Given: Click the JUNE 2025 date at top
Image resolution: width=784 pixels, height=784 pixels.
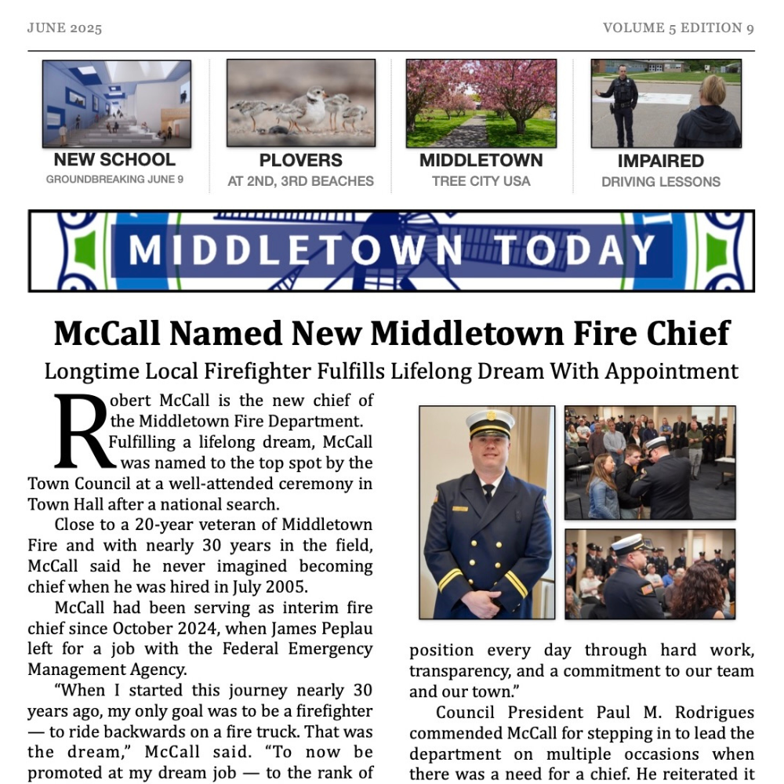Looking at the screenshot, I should coord(64,28).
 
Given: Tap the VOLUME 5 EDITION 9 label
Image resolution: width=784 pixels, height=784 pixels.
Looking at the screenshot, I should coord(678,28).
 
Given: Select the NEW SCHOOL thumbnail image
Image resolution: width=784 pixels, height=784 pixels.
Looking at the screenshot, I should coord(116,103).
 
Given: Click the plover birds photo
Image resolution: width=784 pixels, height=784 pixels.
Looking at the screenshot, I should coord(300,103).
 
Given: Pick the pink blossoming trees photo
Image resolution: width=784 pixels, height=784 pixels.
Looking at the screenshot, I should coord(481,103).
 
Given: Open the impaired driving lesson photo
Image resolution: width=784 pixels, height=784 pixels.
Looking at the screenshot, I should coord(666,103).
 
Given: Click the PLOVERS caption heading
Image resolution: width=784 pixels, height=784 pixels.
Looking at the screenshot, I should coord(300,161).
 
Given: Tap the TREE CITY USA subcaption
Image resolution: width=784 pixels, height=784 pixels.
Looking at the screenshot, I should coord(481,181).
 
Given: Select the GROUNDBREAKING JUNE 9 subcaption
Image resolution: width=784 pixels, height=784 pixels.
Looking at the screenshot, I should coord(114,180).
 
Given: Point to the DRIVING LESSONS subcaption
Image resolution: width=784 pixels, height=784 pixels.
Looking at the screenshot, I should coord(660,182).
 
